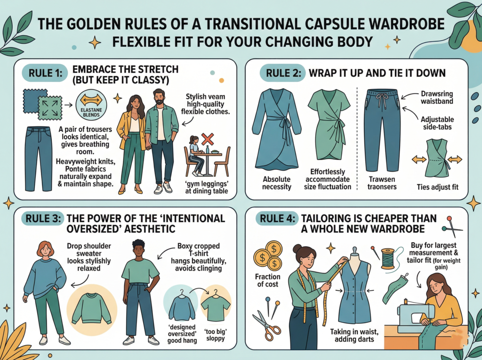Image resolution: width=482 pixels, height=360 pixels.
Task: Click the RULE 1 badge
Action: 45,73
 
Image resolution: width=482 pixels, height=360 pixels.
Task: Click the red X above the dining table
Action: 208,139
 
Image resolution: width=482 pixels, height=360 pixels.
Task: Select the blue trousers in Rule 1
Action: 39,158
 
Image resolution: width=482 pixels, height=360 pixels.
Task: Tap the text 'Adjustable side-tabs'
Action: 437,123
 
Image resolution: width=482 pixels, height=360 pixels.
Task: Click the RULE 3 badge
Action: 42,218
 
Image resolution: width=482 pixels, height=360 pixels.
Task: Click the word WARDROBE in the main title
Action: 399,24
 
